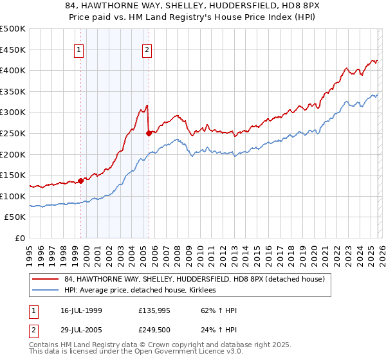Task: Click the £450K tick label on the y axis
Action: [x=13, y=50]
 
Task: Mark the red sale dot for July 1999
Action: [x=81, y=181]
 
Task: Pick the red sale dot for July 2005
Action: [x=149, y=133]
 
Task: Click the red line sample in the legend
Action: [x=46, y=279]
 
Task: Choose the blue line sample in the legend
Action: [x=46, y=290]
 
